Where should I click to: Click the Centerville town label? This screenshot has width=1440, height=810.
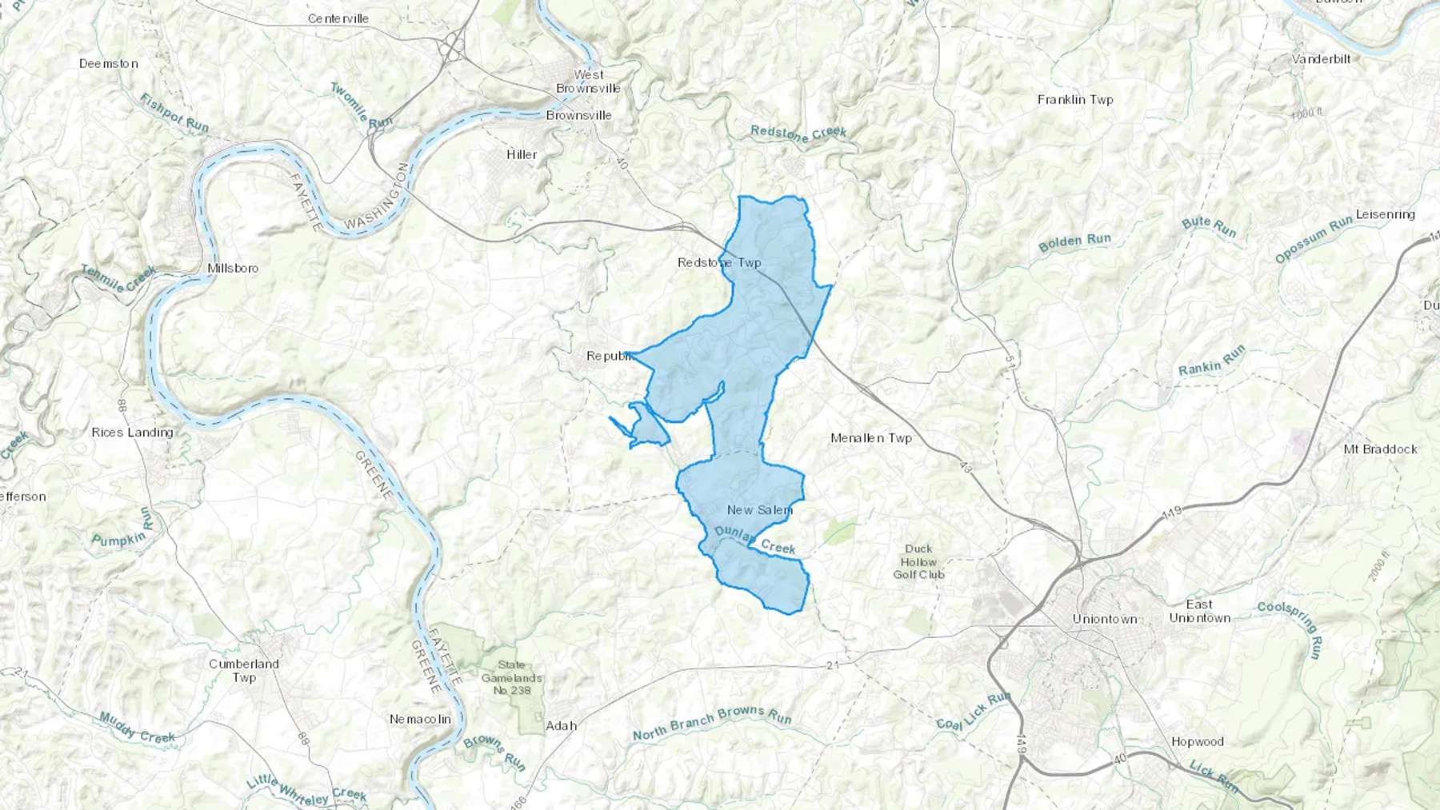click(x=338, y=18)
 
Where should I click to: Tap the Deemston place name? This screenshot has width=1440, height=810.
click(x=109, y=63)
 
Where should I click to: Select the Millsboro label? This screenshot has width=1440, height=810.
click(x=233, y=268)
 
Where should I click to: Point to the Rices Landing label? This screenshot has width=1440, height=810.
click(x=132, y=433)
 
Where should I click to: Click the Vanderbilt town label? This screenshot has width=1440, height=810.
click(x=1321, y=59)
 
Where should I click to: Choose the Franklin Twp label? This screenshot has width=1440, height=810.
click(x=1075, y=100)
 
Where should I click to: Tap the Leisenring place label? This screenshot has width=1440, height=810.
click(x=1385, y=214)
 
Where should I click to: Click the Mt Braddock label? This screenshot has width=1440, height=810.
click(x=1380, y=449)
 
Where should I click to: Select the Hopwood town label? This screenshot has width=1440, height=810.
click(x=1198, y=742)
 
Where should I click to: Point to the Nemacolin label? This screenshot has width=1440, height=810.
click(x=420, y=719)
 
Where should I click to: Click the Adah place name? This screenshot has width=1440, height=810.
click(x=561, y=726)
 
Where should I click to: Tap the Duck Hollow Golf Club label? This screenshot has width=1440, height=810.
click(x=918, y=561)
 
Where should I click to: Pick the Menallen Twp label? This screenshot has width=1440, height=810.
click(x=871, y=438)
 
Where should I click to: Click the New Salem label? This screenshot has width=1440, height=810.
click(x=760, y=509)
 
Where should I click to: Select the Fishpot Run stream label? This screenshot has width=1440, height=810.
click(x=174, y=113)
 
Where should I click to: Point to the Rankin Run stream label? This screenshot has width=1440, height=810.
click(x=1212, y=361)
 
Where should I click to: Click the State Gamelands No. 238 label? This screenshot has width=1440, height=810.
click(x=512, y=677)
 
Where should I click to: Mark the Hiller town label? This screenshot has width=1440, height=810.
click(x=522, y=154)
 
